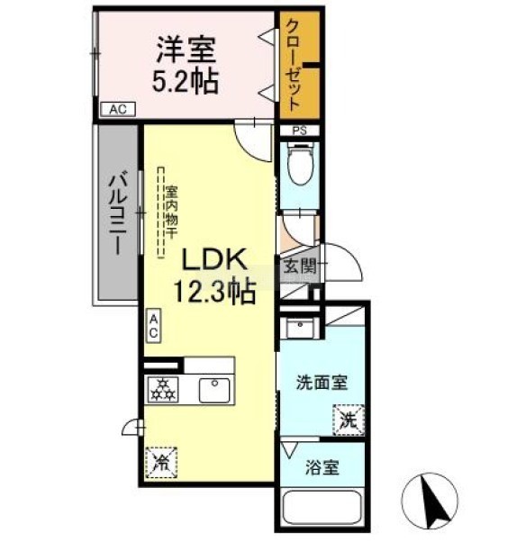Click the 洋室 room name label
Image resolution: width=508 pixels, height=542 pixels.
pos(186,50)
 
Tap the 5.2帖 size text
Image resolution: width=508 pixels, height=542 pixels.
pos(186,82)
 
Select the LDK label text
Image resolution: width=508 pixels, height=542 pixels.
pos(214,259)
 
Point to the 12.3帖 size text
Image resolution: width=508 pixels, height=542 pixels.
pos(214,291)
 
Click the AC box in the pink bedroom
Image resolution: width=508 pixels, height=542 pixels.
pos(118,109)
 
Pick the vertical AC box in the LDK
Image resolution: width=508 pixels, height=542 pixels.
pos(153,326)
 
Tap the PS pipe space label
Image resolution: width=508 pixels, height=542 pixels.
pos(299,131)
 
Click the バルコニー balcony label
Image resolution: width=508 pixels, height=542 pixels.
pos(118,215)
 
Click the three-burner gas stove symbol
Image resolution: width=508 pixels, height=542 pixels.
pos(163,390)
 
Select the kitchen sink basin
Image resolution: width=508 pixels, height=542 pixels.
pos(214,390)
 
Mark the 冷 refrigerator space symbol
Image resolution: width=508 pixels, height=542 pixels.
pos(161,463)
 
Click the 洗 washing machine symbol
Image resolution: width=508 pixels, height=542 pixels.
pos(349,420)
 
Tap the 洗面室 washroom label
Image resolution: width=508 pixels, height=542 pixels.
pos(322,383)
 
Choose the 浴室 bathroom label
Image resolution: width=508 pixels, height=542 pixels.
pos(322,467)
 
